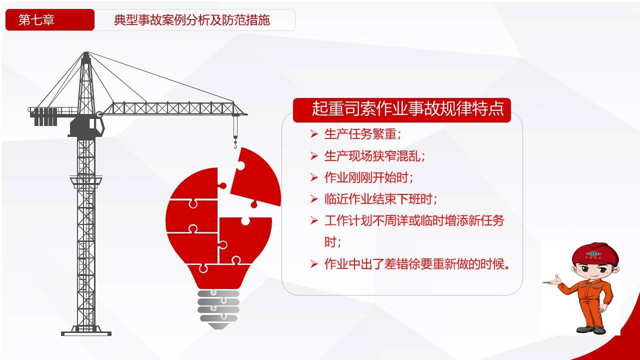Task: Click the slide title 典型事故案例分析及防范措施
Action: point(191,20)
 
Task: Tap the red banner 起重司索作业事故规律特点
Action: point(401,110)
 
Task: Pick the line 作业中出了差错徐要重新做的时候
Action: point(417,263)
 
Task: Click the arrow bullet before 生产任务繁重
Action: point(314,134)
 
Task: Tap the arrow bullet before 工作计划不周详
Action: point(314,220)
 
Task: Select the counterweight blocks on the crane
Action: point(45,116)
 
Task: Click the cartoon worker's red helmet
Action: point(595,253)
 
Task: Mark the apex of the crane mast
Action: point(86,52)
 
